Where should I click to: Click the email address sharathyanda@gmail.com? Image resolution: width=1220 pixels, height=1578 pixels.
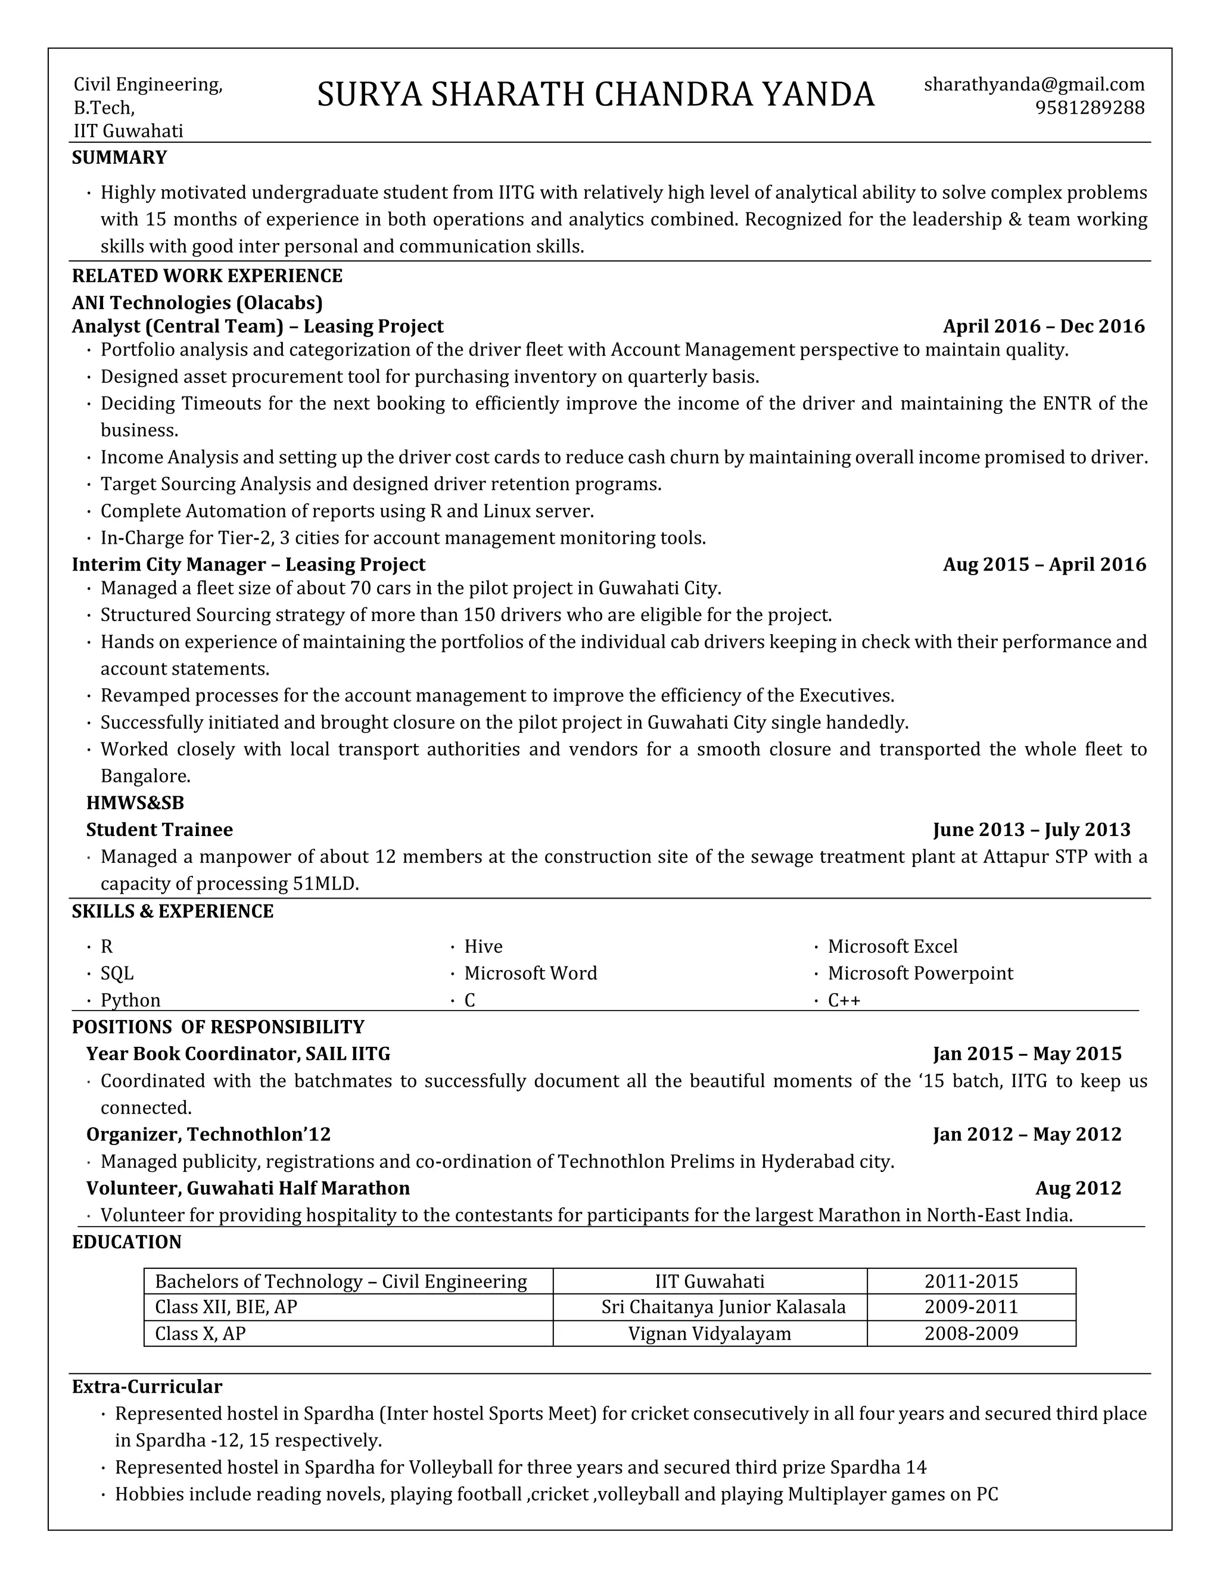pyautogui.click(x=1034, y=85)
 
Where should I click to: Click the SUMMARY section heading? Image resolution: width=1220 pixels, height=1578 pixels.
pyautogui.click(x=119, y=158)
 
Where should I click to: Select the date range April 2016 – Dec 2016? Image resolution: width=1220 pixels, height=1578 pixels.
pyautogui.click(x=1043, y=326)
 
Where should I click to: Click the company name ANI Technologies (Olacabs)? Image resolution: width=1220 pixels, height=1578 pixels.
pyautogui.click(x=197, y=302)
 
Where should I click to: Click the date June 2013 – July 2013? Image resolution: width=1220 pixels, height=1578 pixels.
pyautogui.click(x=1031, y=829)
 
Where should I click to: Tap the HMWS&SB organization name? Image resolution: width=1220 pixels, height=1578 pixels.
pyautogui.click(x=135, y=803)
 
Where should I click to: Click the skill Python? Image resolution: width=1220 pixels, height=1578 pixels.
pyautogui.click(x=130, y=1000)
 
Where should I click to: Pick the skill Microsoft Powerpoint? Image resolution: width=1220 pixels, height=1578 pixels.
pyautogui.click(x=920, y=973)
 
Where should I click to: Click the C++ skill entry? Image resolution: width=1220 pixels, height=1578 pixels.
pyautogui.click(x=844, y=1000)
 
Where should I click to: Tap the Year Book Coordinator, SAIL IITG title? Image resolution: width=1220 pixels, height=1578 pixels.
pyautogui.click(x=238, y=1054)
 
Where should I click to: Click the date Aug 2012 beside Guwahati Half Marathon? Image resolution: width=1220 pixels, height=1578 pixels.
pyautogui.click(x=1078, y=1189)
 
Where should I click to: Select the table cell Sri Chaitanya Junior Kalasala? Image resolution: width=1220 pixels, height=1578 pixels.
pyautogui.click(x=723, y=1307)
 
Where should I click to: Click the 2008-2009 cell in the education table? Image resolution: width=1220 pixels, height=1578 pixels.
pyautogui.click(x=970, y=1334)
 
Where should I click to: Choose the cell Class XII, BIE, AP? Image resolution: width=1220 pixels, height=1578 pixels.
pyautogui.click(x=226, y=1307)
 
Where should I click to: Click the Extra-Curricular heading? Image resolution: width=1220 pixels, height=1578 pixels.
pyautogui.click(x=147, y=1386)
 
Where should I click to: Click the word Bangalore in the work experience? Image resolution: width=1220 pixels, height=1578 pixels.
pyautogui.click(x=145, y=776)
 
